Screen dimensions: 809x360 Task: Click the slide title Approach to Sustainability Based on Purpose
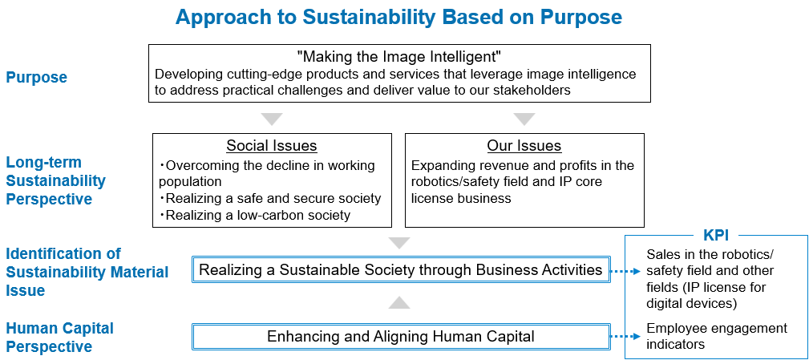tap(398, 17)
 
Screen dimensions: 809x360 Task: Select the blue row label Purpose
tap(37, 77)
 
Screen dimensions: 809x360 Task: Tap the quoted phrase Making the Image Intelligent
tap(399, 55)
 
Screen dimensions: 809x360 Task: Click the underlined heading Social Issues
tap(272, 146)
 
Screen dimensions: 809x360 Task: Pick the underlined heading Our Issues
tap(524, 146)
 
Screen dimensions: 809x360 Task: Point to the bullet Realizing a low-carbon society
tap(255, 215)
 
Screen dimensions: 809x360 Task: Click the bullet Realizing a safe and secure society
tap(270, 198)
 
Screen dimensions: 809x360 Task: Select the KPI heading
tap(716, 235)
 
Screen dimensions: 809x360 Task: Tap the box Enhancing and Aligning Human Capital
tap(401, 337)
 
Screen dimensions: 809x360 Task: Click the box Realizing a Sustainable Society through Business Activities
tap(401, 269)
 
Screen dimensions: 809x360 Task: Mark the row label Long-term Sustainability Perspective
tap(55, 180)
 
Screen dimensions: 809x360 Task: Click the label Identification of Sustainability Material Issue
tap(87, 272)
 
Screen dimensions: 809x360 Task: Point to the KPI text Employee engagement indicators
tap(717, 336)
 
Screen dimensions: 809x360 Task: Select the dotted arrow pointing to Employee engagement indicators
tap(625, 337)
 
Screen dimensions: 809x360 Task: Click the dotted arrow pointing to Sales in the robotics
tap(625, 269)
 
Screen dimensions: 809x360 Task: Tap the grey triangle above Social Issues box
tap(272, 119)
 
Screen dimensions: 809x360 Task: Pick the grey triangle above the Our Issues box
tap(524, 119)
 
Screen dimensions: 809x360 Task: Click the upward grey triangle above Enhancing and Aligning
tap(399, 303)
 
